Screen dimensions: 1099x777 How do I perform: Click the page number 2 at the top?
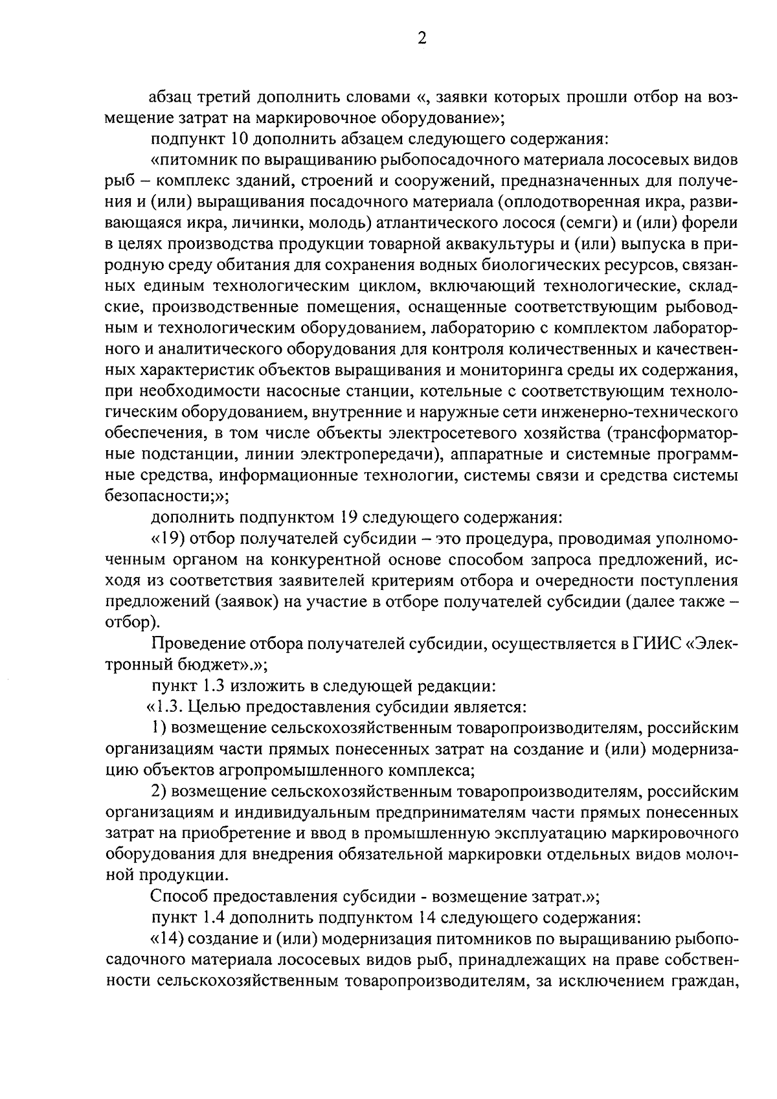tap(422, 39)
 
